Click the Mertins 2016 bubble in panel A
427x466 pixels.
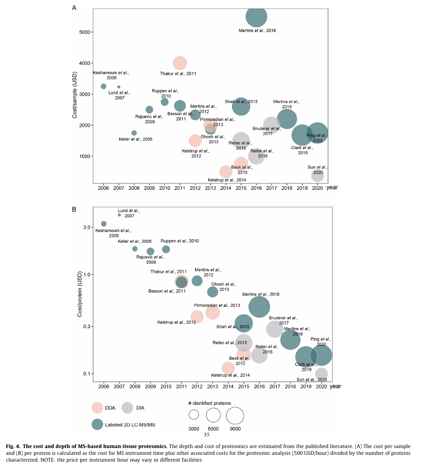(x=256, y=17)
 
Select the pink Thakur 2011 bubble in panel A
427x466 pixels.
(x=180, y=63)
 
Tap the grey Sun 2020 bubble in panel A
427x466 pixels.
(x=318, y=175)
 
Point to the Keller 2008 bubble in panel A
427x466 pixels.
(x=134, y=133)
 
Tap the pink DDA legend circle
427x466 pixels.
(x=98, y=408)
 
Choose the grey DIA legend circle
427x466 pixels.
(x=127, y=408)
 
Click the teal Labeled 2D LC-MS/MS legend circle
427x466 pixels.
(x=98, y=424)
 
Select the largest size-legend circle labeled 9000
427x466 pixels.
(x=234, y=416)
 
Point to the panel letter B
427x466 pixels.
(x=74, y=210)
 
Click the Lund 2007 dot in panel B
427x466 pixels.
(x=119, y=215)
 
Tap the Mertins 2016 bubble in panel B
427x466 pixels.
(x=259, y=306)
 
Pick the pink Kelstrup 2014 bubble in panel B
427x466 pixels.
(x=228, y=368)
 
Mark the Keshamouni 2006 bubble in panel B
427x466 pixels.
(x=104, y=224)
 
